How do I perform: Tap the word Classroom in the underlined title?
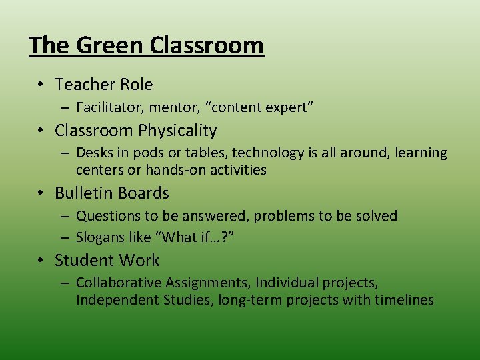tap(207, 45)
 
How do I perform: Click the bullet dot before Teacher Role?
tap(41, 85)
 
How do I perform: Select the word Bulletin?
tap(81, 193)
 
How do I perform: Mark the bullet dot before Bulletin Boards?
tap(41, 193)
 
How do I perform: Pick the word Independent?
tap(117, 300)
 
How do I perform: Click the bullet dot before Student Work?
tap(41, 260)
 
